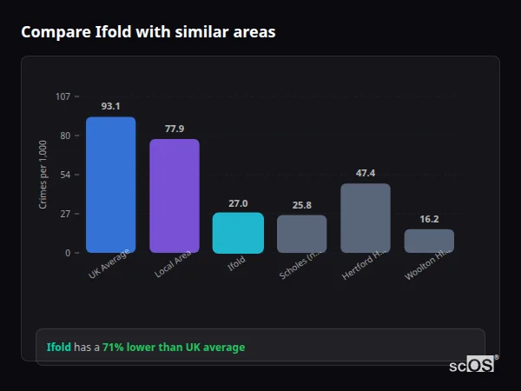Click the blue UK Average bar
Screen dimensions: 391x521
pyautogui.click(x=110, y=185)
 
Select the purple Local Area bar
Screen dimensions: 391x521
pyautogui.click(x=175, y=196)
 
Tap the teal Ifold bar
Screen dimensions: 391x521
pyautogui.click(x=238, y=233)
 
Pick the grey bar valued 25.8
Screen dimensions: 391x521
pyautogui.click(x=301, y=234)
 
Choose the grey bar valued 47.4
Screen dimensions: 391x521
pyautogui.click(x=366, y=218)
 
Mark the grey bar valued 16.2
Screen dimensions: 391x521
pyautogui.click(x=429, y=241)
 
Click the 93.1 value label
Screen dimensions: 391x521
pyautogui.click(x=110, y=106)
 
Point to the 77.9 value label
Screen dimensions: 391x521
pyautogui.click(x=175, y=129)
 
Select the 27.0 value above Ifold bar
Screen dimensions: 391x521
pyautogui.click(x=238, y=202)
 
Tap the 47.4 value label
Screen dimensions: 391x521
pyautogui.click(x=366, y=173)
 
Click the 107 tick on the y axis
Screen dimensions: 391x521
pyautogui.click(x=63, y=96)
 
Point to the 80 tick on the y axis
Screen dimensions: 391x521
pyautogui.click(x=65, y=136)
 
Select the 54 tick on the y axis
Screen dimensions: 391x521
pyautogui.click(x=65, y=175)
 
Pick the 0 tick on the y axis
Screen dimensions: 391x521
pyautogui.click(x=67, y=253)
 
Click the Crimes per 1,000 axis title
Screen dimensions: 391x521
pyautogui.click(x=43, y=176)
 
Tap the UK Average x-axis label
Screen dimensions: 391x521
pyautogui.click(x=109, y=264)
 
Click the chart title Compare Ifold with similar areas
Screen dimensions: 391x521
pyautogui.click(x=148, y=32)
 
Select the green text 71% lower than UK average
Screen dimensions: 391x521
pyautogui.click(x=174, y=348)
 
